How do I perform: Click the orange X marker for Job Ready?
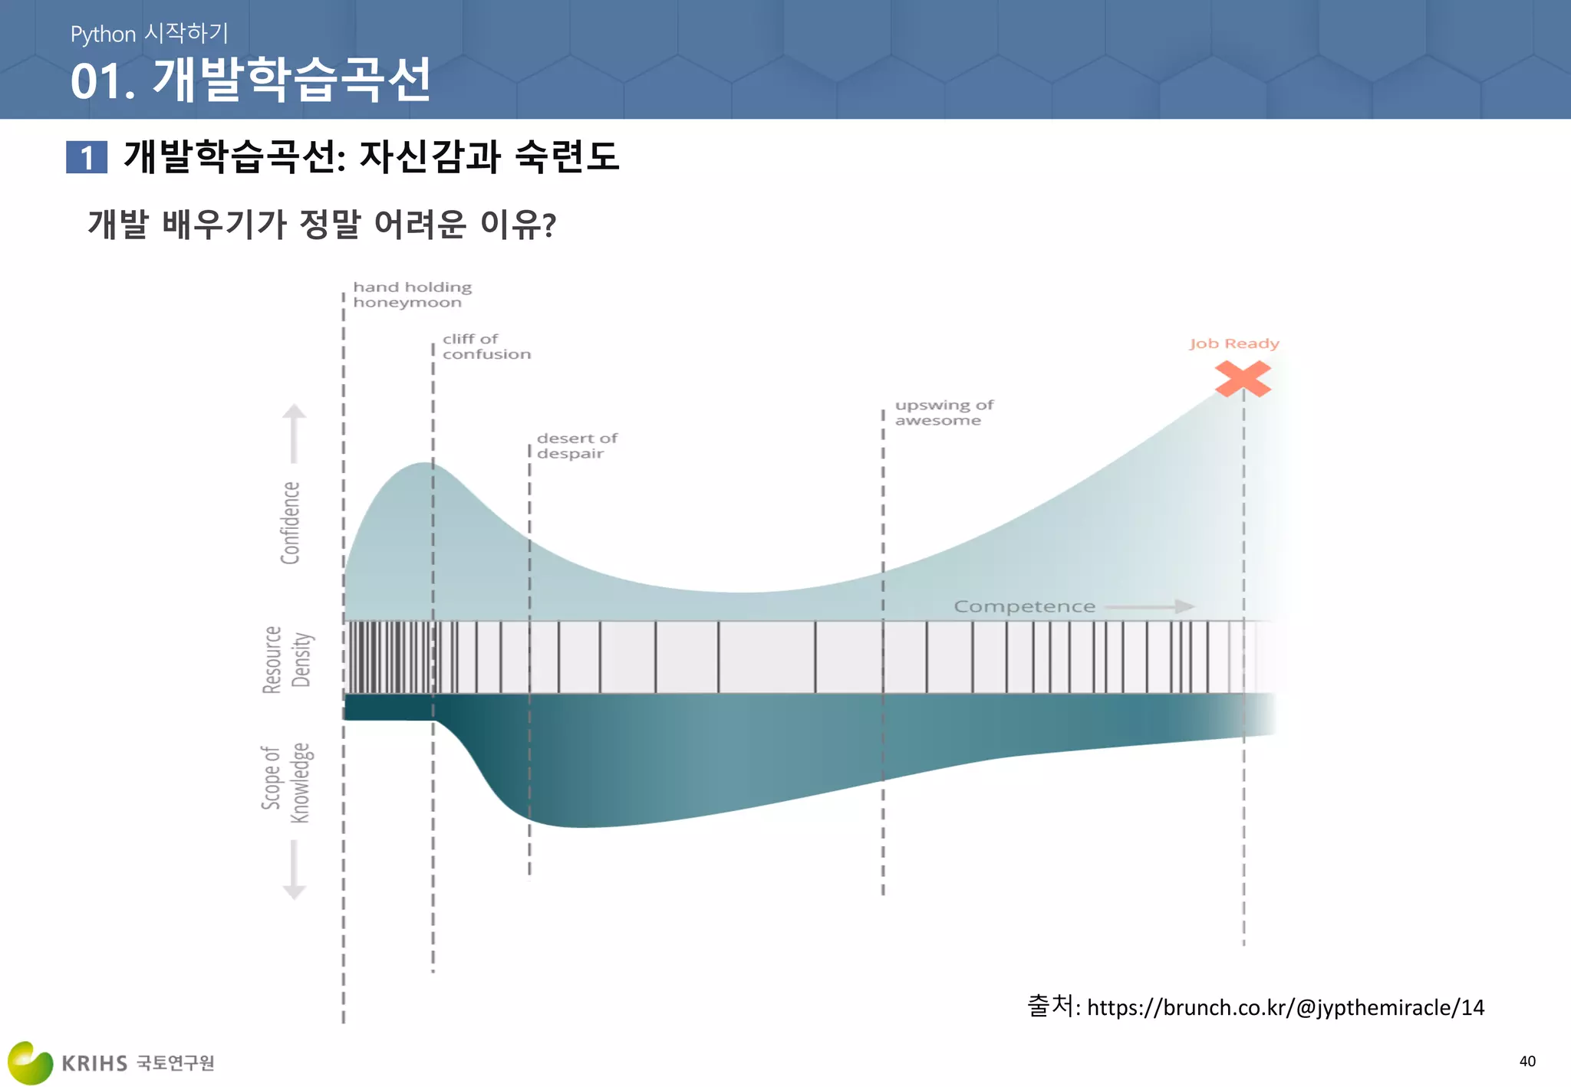pos(1243,379)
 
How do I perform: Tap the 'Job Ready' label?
pos(1234,343)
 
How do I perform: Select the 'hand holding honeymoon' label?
pos(412,294)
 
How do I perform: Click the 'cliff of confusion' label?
pos(486,346)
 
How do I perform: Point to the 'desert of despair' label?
pos(577,445)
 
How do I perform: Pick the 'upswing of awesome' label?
pos(944,412)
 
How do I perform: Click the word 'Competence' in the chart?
pos(1024,606)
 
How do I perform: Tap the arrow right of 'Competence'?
pos(1151,606)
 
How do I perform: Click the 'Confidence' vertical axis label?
pos(290,523)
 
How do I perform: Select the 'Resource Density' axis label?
pos(287,659)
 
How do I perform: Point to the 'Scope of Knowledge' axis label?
pos(286,782)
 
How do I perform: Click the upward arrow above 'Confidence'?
pos(294,433)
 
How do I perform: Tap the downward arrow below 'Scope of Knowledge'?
pos(294,870)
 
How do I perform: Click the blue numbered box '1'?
pos(87,157)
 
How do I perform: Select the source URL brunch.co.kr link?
pos(1285,1007)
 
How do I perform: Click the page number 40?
pos(1527,1061)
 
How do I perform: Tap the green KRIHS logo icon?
pos(30,1062)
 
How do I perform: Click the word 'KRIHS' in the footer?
pos(94,1063)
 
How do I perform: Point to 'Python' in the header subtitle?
pos(103,34)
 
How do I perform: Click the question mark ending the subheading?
pos(548,225)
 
